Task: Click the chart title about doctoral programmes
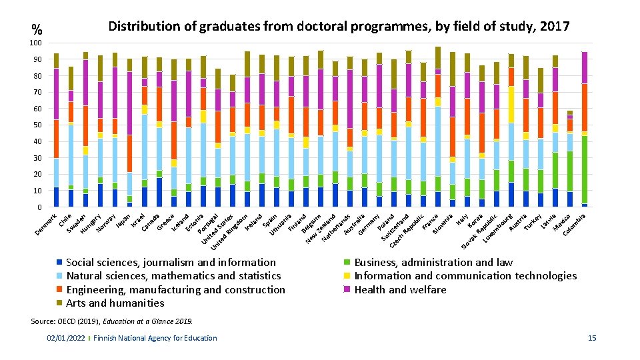[339, 27]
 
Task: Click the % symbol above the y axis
[37, 30]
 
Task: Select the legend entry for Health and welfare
[400, 289]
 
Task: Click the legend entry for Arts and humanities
[115, 303]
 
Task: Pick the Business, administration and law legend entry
[433, 263]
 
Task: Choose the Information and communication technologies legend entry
[465, 276]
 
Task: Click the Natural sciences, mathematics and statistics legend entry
[173, 276]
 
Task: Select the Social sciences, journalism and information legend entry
[171, 263]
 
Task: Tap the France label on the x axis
[430, 219]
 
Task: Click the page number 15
[592, 339]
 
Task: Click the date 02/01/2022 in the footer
[65, 339]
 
